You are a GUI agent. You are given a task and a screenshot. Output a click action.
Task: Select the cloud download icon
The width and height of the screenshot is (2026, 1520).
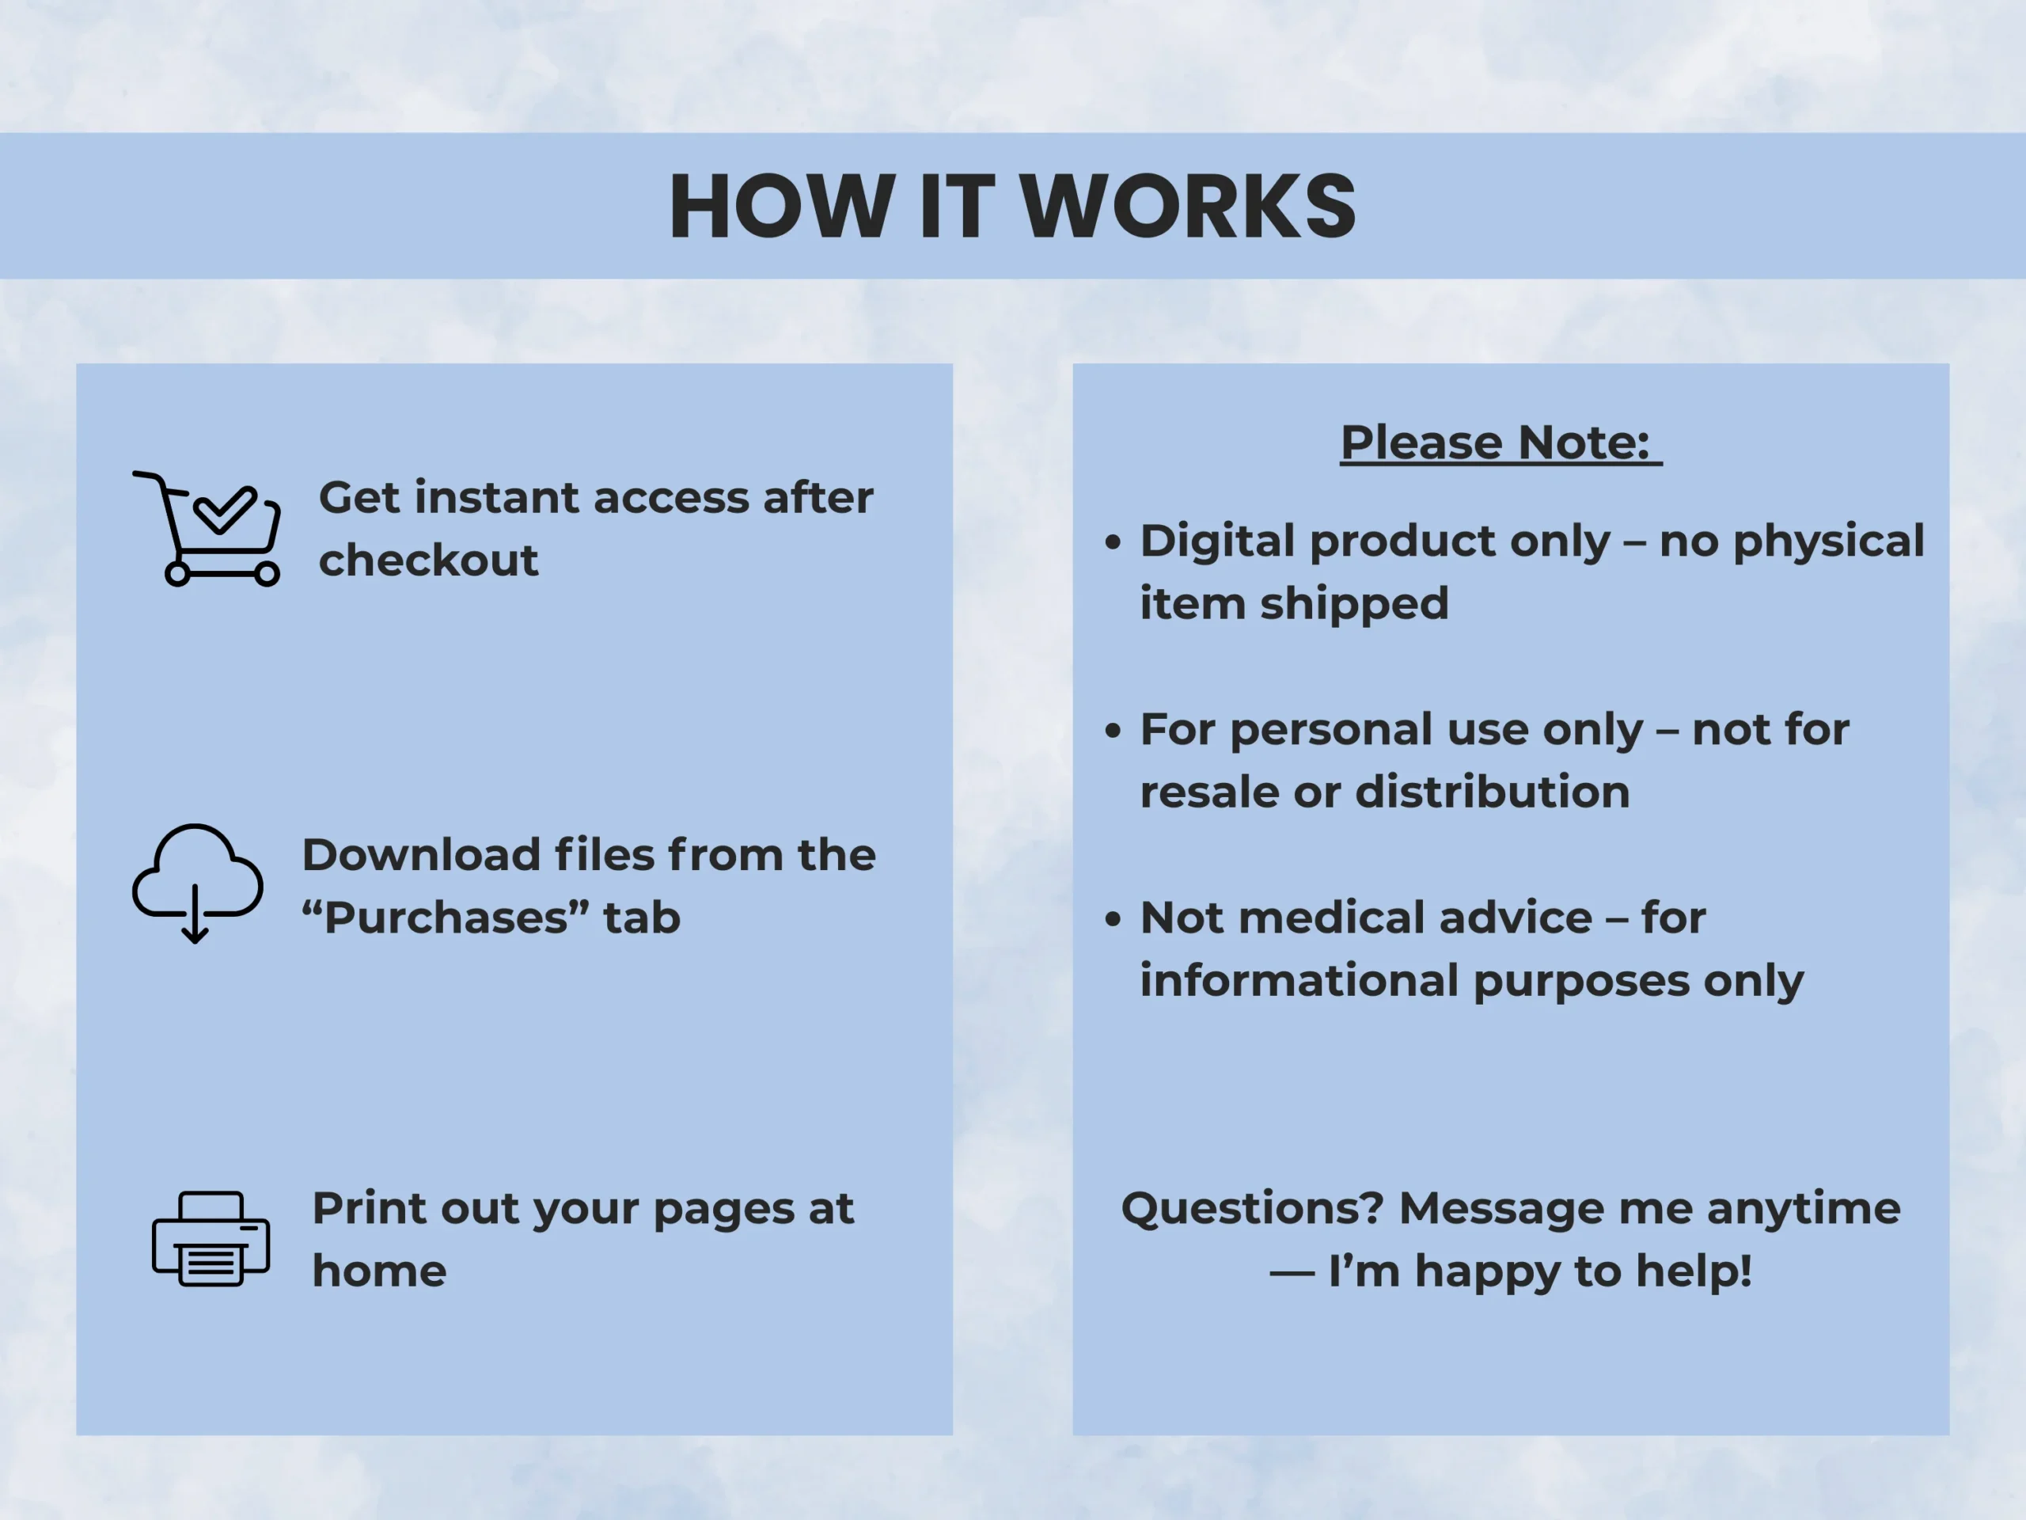(198, 883)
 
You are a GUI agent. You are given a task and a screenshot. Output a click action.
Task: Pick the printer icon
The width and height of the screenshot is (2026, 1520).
(211, 1239)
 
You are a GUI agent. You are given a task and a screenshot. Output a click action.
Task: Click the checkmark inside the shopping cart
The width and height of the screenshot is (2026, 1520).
(225, 509)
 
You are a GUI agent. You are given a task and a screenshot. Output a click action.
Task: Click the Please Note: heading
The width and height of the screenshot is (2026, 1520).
(1501, 443)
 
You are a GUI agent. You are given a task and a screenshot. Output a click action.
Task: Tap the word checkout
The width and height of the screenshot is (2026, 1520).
(427, 560)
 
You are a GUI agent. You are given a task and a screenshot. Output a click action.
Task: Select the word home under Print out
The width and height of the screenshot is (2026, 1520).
(379, 1271)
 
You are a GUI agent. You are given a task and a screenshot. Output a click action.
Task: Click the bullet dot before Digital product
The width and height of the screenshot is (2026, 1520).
(1113, 541)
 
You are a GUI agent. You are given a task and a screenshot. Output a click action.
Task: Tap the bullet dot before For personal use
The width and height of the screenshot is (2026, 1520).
(1113, 730)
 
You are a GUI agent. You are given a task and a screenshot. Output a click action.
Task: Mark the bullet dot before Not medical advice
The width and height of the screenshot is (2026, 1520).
(1113, 918)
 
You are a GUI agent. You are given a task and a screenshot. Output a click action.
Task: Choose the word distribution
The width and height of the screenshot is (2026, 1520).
(1493, 792)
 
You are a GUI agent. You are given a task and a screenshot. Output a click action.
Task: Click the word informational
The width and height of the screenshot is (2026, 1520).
(1299, 980)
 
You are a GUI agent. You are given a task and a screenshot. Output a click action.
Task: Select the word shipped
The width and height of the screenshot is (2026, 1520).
(1355, 605)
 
